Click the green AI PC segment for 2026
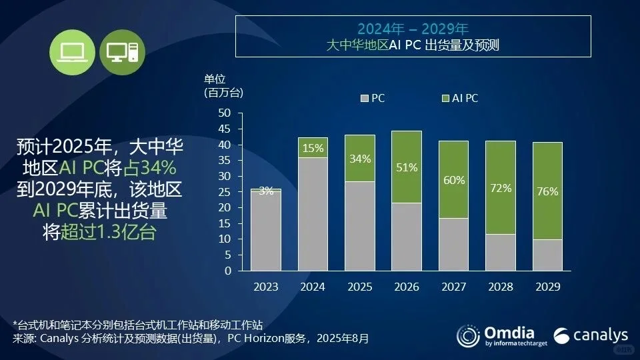(x=406, y=167)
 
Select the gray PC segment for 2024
(x=312, y=214)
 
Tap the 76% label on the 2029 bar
(x=547, y=191)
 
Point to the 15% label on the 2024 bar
(x=312, y=147)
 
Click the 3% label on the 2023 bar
(x=266, y=191)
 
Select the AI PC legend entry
(x=460, y=98)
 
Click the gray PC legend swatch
(x=364, y=99)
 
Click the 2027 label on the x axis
(x=453, y=287)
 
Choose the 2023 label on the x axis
(x=266, y=287)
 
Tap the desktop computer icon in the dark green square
(x=123, y=52)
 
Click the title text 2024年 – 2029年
(x=413, y=29)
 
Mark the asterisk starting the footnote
(x=15, y=325)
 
